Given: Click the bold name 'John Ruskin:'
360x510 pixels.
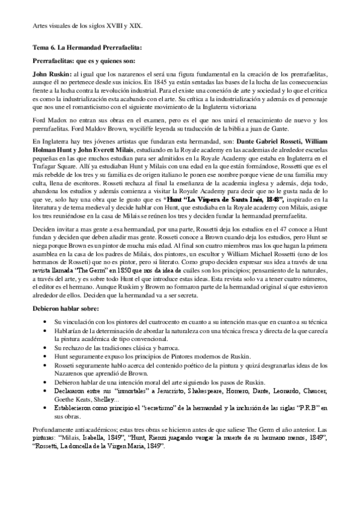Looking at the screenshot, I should (50, 73).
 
